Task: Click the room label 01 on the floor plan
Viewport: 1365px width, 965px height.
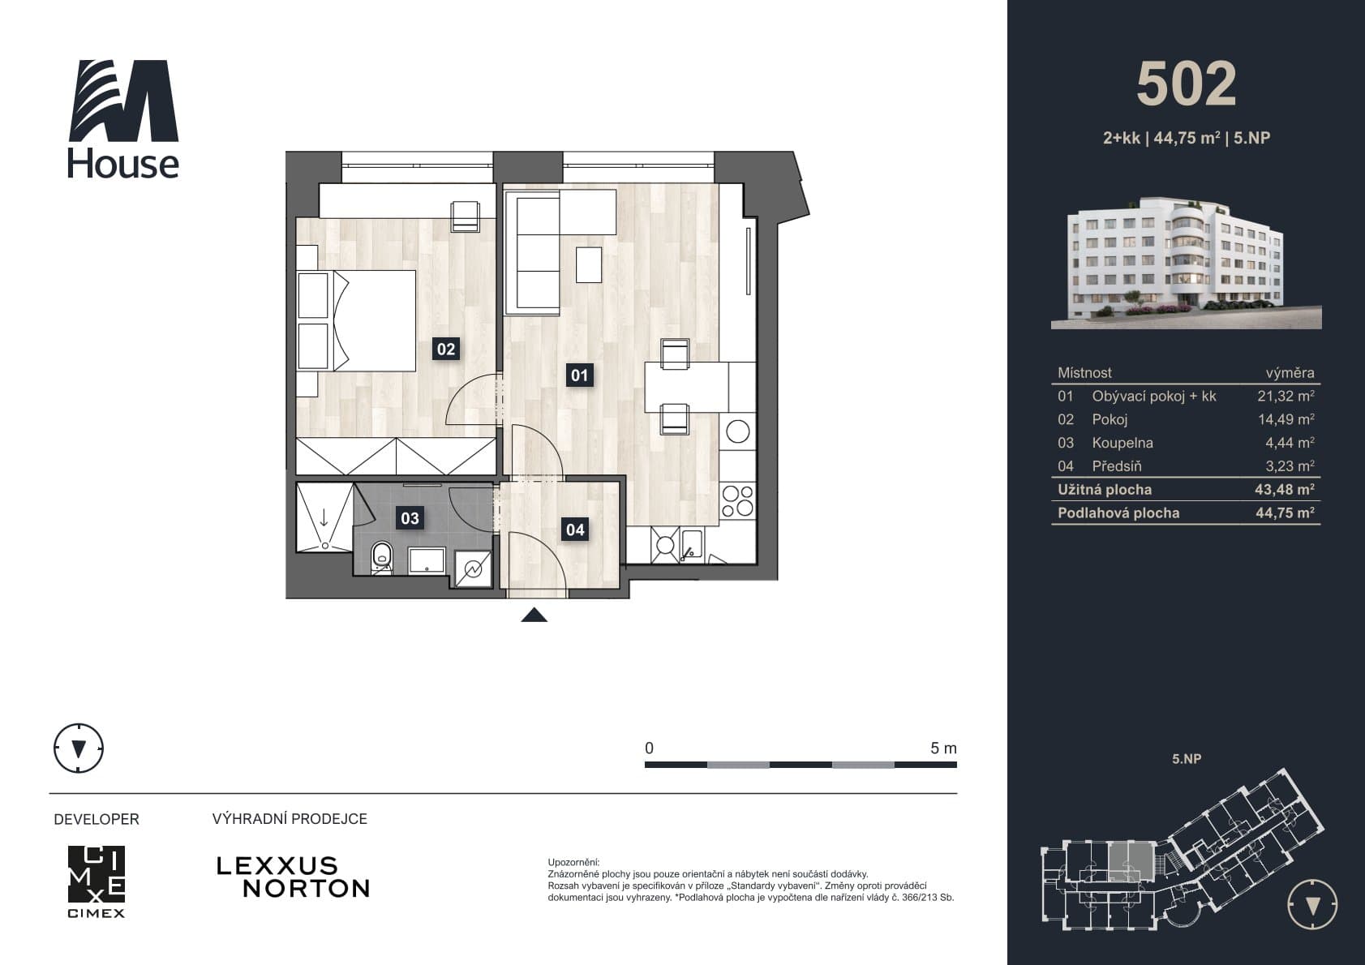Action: (x=579, y=375)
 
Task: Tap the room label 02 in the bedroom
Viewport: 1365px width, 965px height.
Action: (x=445, y=349)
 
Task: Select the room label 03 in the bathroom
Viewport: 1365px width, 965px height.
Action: (x=410, y=518)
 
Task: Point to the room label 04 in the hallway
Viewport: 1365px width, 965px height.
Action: (x=575, y=530)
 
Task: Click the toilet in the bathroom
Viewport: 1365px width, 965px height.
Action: (x=382, y=557)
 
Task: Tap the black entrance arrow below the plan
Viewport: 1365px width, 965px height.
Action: (x=534, y=615)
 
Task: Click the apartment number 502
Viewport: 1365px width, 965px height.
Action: (x=1186, y=84)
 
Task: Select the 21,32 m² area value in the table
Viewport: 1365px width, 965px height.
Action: (x=1286, y=396)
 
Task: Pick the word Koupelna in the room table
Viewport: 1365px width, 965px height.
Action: (x=1122, y=443)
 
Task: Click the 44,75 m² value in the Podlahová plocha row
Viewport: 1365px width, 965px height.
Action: (x=1285, y=513)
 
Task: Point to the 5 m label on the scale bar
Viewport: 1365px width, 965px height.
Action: (x=943, y=748)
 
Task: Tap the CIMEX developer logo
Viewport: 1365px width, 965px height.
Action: (x=97, y=881)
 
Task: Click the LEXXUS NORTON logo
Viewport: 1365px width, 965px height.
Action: (x=293, y=877)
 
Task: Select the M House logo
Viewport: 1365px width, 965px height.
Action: (x=123, y=118)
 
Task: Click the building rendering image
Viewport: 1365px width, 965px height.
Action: (x=1186, y=263)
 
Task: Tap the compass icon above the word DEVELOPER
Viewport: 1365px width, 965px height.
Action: (x=79, y=748)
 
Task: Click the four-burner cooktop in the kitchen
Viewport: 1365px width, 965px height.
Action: (x=737, y=501)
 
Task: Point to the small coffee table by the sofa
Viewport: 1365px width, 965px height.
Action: (x=589, y=264)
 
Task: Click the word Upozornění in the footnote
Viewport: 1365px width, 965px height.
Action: (x=573, y=863)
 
